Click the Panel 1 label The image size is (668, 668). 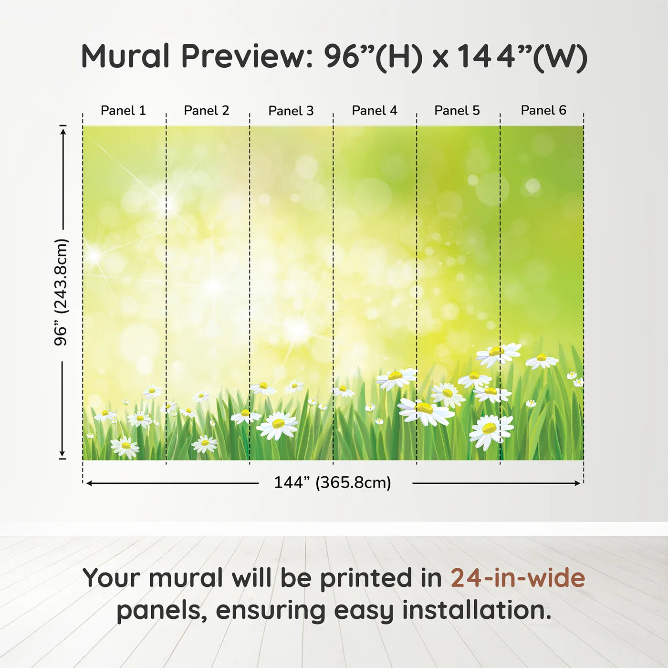click(x=123, y=110)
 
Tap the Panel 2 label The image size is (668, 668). click(x=206, y=110)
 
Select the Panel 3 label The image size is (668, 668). click(x=291, y=111)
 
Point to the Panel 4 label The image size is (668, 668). click(x=375, y=110)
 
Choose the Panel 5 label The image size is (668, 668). click(x=457, y=110)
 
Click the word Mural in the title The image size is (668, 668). click(x=125, y=56)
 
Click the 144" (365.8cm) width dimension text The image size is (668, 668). click(x=333, y=482)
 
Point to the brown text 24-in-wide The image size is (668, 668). click(x=518, y=578)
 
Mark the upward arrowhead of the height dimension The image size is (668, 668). click(x=63, y=132)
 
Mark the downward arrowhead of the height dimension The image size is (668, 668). click(x=63, y=453)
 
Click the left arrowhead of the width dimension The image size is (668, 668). click(x=89, y=483)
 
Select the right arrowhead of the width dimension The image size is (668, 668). click(x=577, y=483)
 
